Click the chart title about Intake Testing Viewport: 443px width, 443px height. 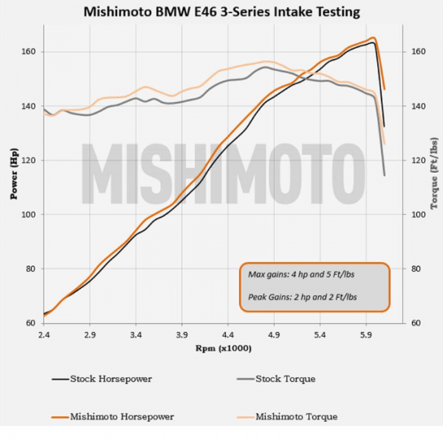click(x=221, y=11)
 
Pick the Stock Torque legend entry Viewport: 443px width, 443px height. click(x=285, y=379)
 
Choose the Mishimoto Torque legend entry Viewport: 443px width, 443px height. click(x=296, y=417)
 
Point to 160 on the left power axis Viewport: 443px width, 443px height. click(x=30, y=52)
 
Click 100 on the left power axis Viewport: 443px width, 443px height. click(x=30, y=215)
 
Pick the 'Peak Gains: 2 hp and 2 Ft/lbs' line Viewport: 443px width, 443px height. click(x=302, y=296)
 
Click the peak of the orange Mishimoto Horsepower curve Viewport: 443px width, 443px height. click(x=373, y=38)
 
